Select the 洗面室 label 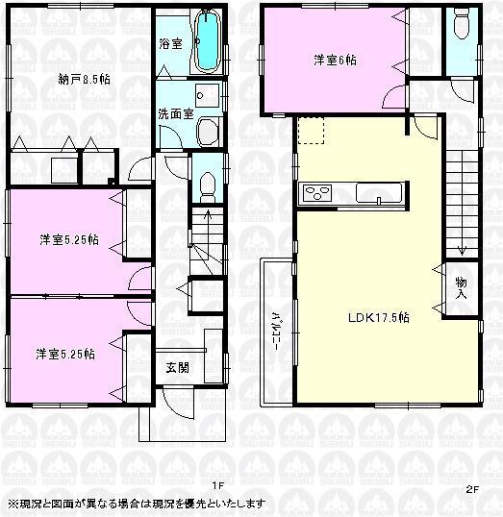click(x=176, y=113)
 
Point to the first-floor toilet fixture click(x=206, y=184)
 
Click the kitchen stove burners click(x=316, y=193)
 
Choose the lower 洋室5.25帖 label click(x=66, y=353)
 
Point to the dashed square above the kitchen click(x=312, y=131)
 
